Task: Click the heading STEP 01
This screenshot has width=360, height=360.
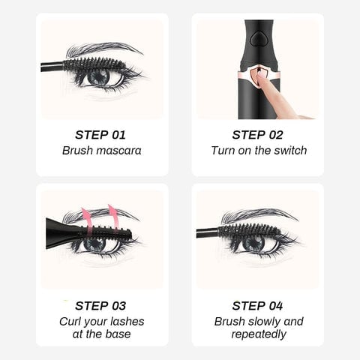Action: click(100, 135)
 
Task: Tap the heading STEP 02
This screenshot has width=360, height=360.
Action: click(258, 135)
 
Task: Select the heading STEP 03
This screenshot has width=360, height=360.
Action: click(100, 305)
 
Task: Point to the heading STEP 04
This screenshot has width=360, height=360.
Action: click(258, 305)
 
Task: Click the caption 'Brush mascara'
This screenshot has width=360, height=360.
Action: click(100, 151)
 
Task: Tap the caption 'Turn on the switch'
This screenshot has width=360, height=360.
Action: click(258, 151)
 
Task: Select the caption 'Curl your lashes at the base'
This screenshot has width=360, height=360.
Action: click(100, 328)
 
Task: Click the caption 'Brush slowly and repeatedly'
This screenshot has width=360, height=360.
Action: click(258, 328)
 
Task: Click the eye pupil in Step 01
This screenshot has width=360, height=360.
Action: click(98, 76)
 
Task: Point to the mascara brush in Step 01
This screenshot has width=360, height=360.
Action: click(94, 64)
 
